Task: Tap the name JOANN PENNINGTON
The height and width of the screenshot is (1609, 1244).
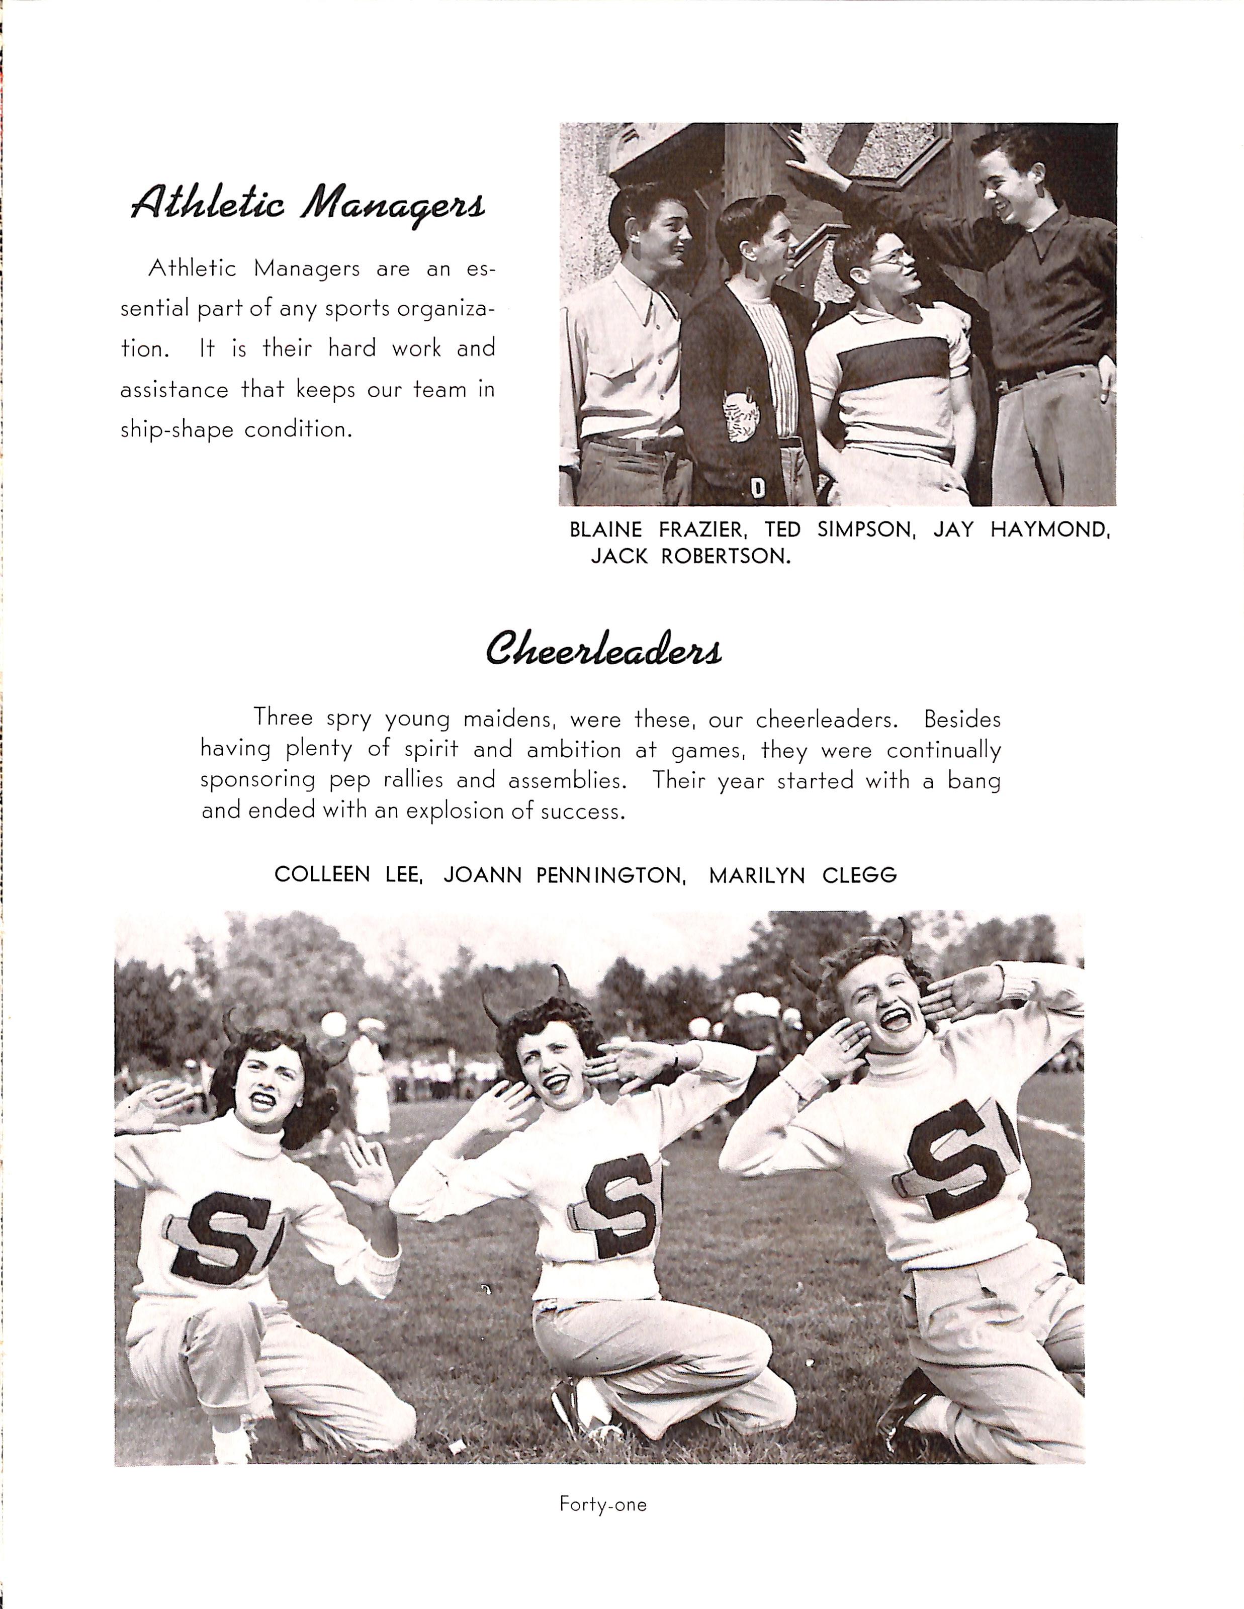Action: pyautogui.click(x=565, y=874)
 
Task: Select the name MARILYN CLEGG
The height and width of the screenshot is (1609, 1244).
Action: pyautogui.click(x=803, y=874)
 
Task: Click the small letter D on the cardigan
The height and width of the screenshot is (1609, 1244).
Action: pyautogui.click(x=756, y=488)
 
